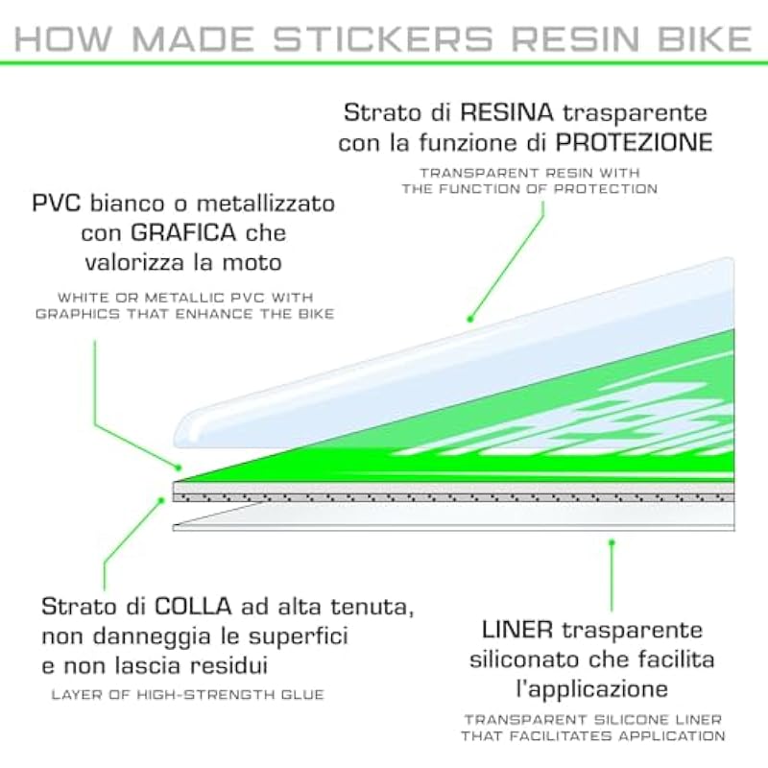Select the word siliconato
click(530, 660)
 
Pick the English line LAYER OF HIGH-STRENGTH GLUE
click(189, 694)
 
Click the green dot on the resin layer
click(469, 319)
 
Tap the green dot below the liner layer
click(612, 542)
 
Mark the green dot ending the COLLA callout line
click(159, 499)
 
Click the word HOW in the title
click(57, 39)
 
